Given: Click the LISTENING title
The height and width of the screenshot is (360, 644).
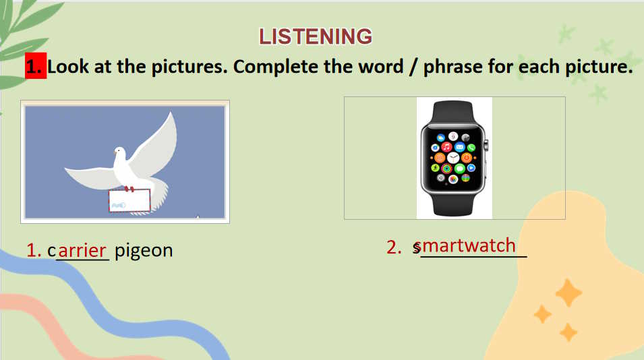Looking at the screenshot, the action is [x=316, y=36].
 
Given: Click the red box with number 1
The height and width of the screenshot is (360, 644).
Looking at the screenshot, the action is [x=36, y=65].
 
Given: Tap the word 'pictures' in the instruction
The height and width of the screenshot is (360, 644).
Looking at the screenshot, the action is [x=189, y=67].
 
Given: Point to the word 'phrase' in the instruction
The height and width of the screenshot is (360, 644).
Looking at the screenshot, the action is [x=452, y=67].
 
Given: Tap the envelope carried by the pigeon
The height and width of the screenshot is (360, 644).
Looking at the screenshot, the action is [x=129, y=200].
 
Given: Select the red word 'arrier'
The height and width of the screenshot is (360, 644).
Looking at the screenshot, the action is [x=82, y=250].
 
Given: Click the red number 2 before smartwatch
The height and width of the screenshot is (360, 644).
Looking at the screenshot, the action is [x=393, y=246].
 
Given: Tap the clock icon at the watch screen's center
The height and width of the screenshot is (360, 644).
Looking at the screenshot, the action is [x=453, y=157].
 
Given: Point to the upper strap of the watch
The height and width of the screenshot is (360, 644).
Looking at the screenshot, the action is [x=452, y=113].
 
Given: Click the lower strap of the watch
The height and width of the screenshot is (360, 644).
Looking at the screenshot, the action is [x=452, y=204].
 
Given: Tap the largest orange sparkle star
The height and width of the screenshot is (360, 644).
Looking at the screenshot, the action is [x=568, y=293].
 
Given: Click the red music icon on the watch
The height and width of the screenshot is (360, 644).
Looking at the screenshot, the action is [x=447, y=147].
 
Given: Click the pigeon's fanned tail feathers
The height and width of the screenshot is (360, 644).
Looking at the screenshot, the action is [x=159, y=193].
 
